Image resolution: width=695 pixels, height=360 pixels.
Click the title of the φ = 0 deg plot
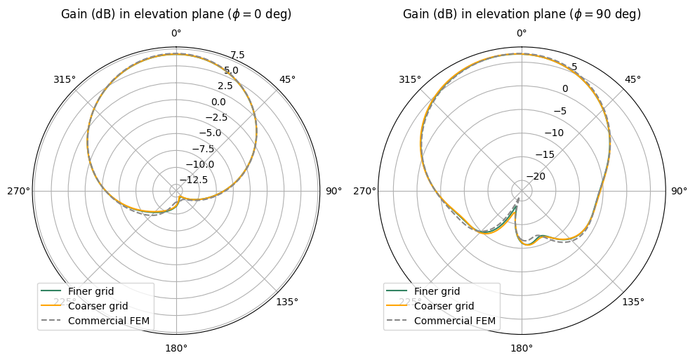(176, 14)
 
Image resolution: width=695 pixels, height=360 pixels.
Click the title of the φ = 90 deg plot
(522, 14)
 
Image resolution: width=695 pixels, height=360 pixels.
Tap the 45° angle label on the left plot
(287, 79)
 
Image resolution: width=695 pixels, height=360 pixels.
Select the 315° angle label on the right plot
(410, 79)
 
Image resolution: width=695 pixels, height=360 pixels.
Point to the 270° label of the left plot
(18, 191)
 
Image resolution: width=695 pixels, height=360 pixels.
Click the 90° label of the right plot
(679, 191)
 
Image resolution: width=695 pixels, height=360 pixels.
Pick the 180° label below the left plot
(176, 348)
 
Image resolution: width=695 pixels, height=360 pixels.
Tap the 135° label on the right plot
(633, 302)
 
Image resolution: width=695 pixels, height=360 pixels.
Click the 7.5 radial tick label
(237, 55)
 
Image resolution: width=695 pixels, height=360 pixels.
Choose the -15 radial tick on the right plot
(545, 154)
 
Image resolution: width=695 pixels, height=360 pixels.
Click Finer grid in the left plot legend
(91, 291)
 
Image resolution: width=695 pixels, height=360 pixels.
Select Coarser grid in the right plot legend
(444, 306)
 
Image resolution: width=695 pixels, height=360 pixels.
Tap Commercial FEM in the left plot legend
(105, 321)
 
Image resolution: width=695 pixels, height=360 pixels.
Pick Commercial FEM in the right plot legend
(455, 321)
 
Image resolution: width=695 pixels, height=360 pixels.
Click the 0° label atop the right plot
(522, 33)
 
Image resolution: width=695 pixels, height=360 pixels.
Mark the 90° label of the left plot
(333, 191)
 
